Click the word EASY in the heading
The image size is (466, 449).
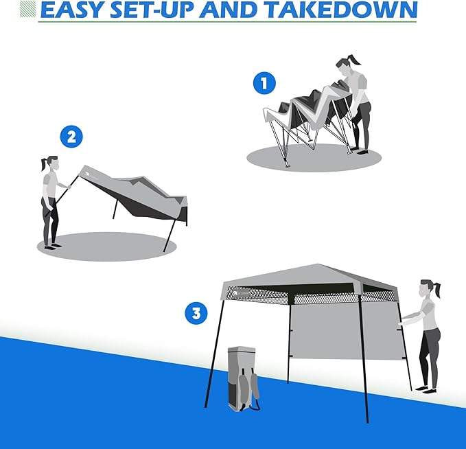tap(71, 10)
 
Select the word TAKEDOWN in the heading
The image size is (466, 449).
tap(341, 10)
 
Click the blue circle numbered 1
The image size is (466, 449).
tap(264, 83)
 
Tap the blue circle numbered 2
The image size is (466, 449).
tap(71, 137)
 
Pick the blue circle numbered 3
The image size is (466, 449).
tap(196, 314)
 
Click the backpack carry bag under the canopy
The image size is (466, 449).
tap(243, 378)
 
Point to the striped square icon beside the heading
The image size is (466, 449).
tap(27, 8)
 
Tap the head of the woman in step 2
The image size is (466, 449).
tap(53, 163)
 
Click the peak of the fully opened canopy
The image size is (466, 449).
tap(317, 264)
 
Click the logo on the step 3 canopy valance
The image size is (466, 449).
tap(242, 294)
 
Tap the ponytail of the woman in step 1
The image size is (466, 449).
tap(355, 60)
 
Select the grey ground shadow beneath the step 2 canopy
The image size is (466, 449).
tap(106, 246)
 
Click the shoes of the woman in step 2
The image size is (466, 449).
tap(53, 246)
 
